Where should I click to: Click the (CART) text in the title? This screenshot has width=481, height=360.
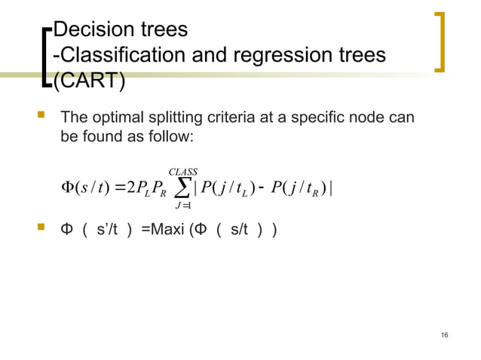tap(88, 80)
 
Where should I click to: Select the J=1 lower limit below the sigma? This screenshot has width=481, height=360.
tap(182, 207)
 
